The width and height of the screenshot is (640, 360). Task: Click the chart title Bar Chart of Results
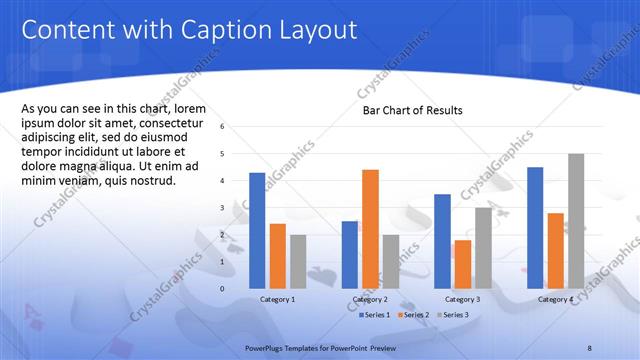point(412,110)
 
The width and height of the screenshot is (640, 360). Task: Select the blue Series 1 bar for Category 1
point(257,231)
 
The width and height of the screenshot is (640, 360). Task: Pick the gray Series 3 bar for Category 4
point(576,221)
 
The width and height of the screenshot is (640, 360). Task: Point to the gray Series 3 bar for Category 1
point(298,261)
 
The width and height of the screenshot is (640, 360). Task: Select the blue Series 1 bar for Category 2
point(349,255)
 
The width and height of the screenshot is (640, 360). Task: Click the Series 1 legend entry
point(375,315)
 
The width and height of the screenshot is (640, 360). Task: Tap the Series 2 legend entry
point(416,315)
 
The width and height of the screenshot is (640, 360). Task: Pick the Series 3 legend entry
point(454,315)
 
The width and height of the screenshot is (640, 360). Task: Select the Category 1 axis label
point(277,299)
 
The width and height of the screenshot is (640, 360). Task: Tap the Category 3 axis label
point(463,299)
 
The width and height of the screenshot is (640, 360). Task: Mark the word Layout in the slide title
point(313,30)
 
